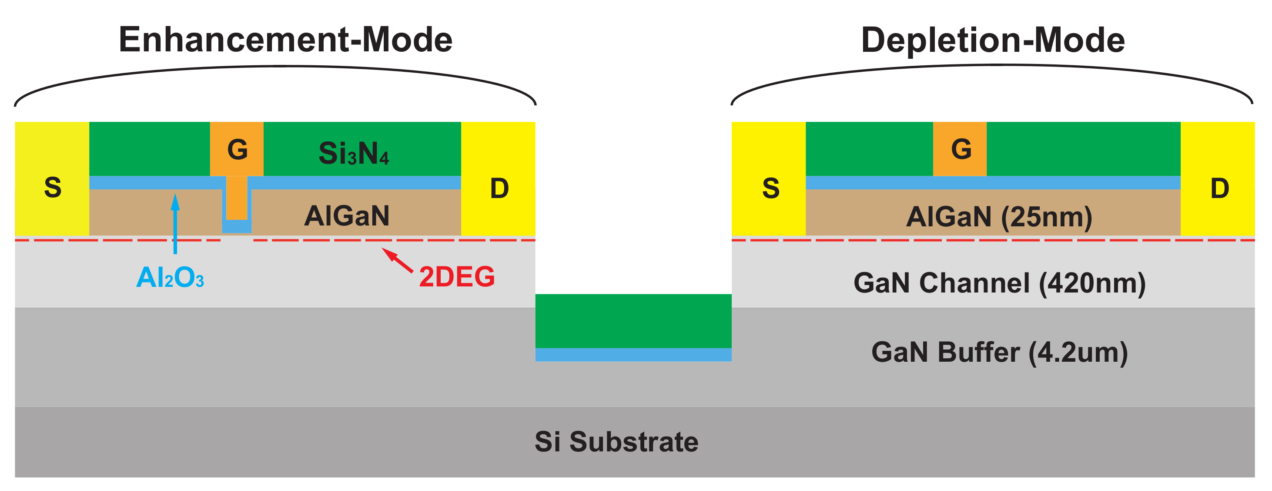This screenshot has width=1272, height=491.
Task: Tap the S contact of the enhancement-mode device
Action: click(x=52, y=187)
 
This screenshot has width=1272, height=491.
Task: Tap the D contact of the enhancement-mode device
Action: click(x=499, y=188)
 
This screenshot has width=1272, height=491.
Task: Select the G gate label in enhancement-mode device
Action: click(x=237, y=149)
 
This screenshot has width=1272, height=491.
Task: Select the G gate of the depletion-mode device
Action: click(x=961, y=149)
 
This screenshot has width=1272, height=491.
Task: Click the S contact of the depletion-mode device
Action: click(x=770, y=188)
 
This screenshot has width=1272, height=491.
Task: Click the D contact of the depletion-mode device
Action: click(x=1219, y=188)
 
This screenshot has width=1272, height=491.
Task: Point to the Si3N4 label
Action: click(x=354, y=153)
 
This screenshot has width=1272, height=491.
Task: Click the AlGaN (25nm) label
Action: click(x=998, y=216)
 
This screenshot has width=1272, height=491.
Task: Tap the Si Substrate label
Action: click(x=616, y=441)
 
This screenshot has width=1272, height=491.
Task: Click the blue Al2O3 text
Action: click(x=170, y=277)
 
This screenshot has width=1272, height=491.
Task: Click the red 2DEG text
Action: click(x=456, y=276)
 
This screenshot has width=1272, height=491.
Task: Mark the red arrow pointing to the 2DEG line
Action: click(x=397, y=260)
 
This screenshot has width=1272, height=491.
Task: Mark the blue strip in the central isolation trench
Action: click(x=633, y=354)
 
